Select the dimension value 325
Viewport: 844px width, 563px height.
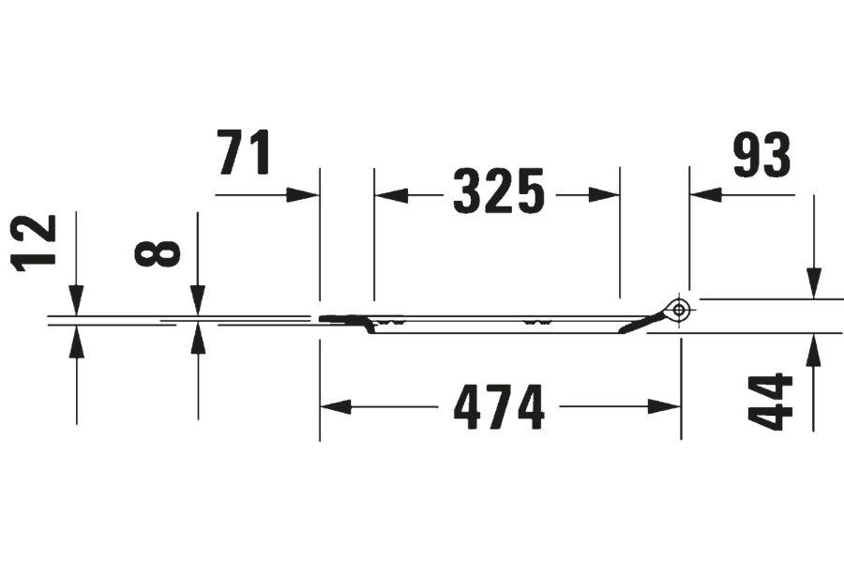(498, 192)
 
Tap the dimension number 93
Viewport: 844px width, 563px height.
(761, 155)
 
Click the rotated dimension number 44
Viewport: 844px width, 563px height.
(774, 402)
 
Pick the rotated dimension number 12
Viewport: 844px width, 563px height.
(37, 242)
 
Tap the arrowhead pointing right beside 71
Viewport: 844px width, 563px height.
(303, 194)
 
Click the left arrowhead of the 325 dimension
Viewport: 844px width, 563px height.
(391, 194)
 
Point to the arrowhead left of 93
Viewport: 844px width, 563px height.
(706, 194)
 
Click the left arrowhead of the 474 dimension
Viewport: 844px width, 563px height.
(336, 407)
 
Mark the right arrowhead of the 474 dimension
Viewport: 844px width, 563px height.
(664, 407)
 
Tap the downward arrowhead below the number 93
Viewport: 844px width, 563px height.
(813, 282)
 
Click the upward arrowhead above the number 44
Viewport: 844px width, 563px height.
(813, 349)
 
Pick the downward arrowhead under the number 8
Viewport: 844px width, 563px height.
(198, 297)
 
